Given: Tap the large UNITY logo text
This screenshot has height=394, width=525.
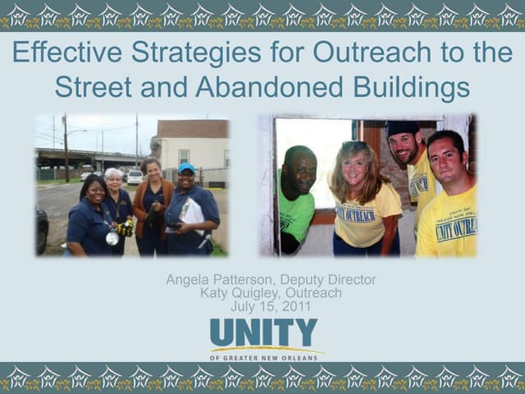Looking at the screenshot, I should [x=262, y=332].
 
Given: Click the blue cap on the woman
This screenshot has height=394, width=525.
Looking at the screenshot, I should [x=186, y=168].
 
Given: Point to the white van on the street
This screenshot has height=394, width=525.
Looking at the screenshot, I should [x=135, y=176].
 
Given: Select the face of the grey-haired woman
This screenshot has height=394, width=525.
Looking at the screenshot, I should [x=113, y=180].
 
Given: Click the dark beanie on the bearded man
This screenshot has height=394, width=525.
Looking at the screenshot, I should [x=402, y=128].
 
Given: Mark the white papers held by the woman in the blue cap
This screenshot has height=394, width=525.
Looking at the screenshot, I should [x=192, y=213].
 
